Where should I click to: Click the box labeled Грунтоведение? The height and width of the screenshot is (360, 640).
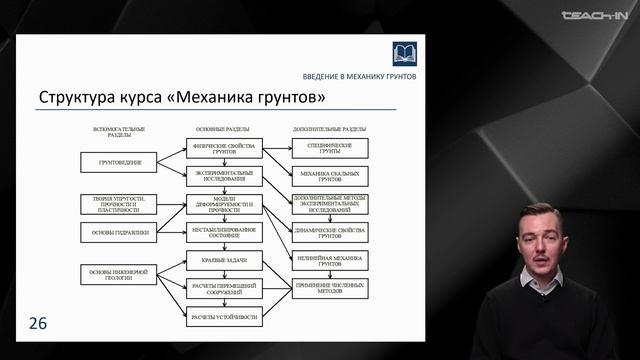point(119,162)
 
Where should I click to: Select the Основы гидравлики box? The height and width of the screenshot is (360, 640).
point(119,232)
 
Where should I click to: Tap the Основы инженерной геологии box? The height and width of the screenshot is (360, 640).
point(119,274)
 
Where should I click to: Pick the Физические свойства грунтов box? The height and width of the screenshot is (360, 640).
point(224,148)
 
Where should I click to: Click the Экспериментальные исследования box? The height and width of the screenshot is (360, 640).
point(224,176)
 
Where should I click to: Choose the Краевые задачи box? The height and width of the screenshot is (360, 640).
point(224,260)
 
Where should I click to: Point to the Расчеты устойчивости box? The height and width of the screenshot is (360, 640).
point(224,317)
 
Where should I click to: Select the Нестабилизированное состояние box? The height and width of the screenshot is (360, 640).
point(224,232)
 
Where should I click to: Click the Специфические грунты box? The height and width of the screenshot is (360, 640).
point(330,148)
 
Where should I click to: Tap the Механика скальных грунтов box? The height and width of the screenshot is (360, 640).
point(330,176)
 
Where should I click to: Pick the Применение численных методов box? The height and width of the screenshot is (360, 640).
point(330,288)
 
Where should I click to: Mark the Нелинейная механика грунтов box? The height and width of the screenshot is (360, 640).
point(330,260)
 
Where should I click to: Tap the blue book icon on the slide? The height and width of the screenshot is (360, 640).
point(404,53)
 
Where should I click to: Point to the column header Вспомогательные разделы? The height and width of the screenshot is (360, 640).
point(119,131)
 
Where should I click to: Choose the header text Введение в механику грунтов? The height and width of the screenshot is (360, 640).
point(360,77)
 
